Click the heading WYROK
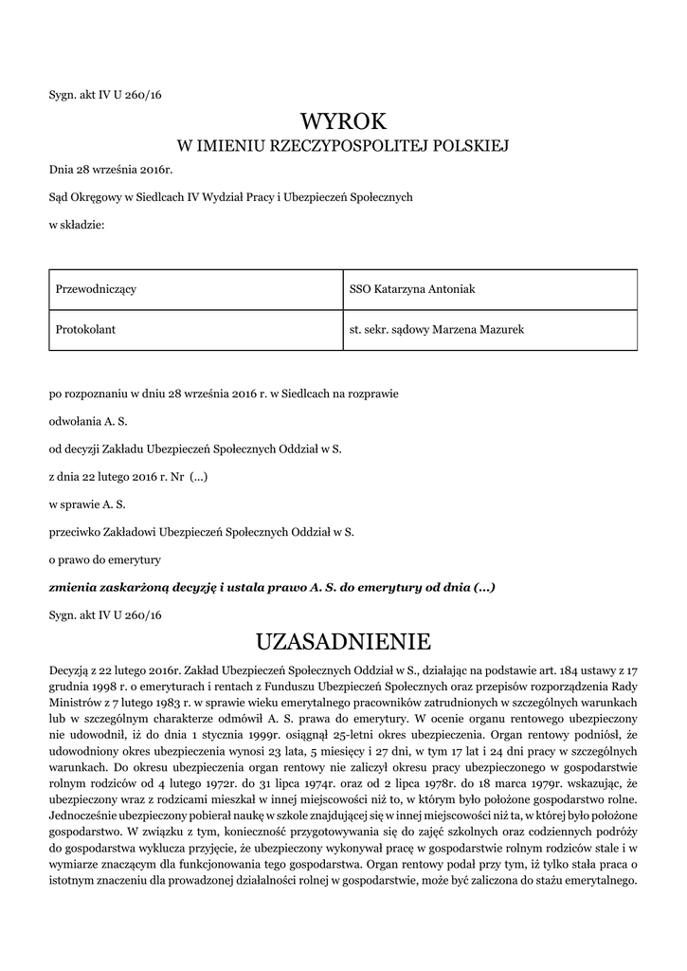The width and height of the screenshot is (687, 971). click(343, 120)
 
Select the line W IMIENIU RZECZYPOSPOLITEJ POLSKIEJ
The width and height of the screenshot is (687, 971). click(343, 146)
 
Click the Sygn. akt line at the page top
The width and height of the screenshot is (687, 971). click(106, 94)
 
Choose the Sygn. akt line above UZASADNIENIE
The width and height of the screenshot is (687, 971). click(106, 615)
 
